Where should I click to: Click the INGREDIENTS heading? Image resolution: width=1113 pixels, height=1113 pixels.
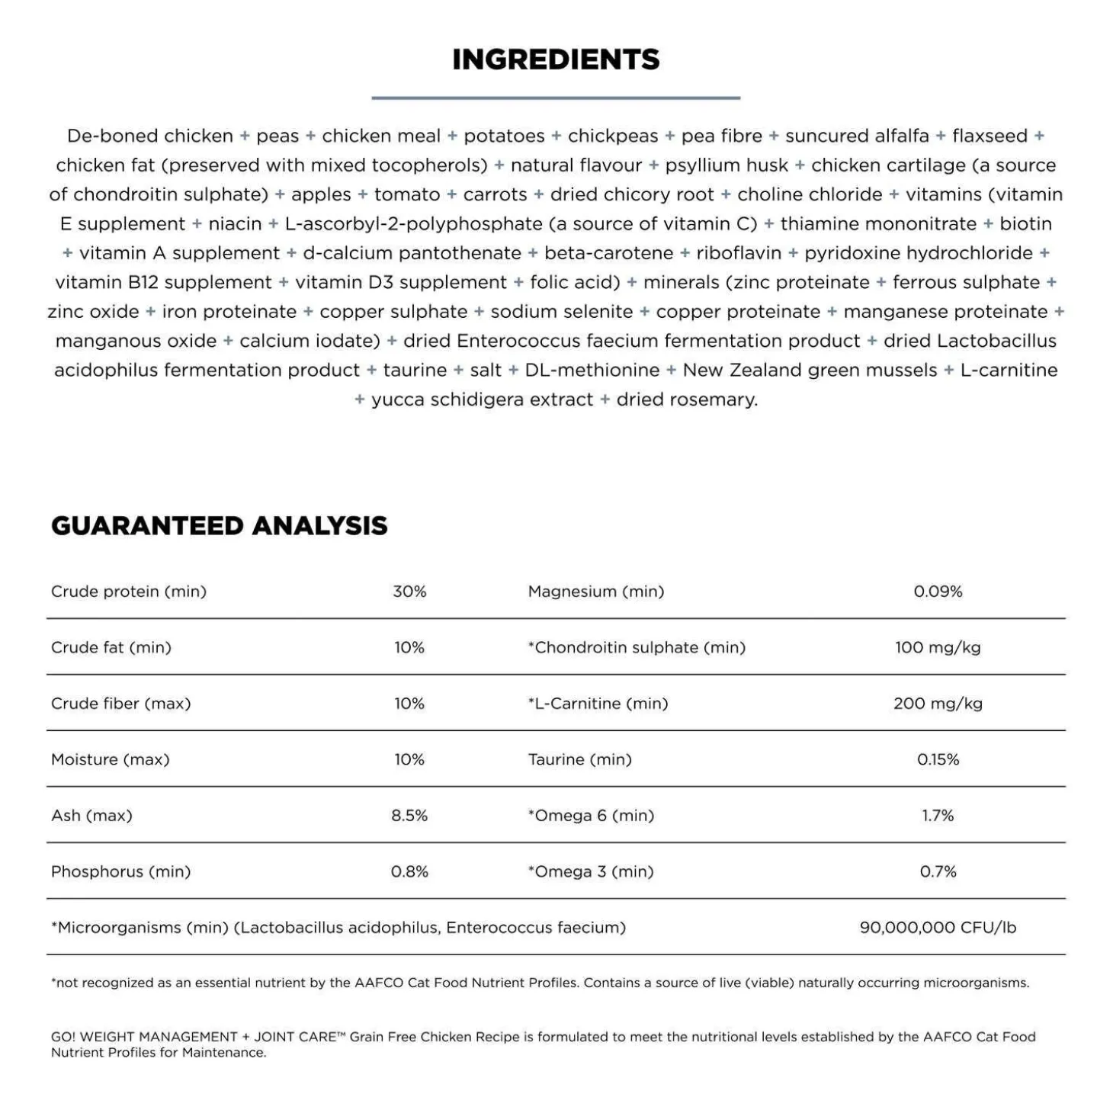(556, 59)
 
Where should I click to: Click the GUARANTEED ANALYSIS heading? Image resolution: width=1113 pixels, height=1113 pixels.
(220, 525)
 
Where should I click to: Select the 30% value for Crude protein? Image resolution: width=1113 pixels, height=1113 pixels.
(409, 592)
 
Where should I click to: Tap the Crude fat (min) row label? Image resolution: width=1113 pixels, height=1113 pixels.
(111, 647)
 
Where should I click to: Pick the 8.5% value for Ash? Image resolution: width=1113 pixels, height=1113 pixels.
(409, 816)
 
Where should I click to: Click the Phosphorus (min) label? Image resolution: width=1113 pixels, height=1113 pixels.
(120, 871)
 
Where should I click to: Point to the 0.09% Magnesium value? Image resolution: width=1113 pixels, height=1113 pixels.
(938, 592)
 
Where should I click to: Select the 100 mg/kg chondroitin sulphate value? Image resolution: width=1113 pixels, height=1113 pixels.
(938, 647)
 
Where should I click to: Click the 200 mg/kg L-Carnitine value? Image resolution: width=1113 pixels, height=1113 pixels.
(938, 704)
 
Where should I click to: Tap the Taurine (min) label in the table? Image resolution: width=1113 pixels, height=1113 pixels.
(580, 759)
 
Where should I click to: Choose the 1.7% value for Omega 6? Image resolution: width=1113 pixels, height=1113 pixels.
(938, 816)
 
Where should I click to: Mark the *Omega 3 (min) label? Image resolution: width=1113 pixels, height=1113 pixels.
(591, 871)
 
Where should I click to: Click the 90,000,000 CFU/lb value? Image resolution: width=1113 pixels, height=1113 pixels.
(938, 928)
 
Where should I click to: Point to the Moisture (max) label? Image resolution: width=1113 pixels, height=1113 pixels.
(111, 759)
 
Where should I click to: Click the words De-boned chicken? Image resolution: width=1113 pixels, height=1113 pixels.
(150, 136)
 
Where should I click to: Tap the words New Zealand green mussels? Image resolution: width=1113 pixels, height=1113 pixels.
(810, 370)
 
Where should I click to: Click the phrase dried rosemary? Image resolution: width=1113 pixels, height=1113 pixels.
(687, 399)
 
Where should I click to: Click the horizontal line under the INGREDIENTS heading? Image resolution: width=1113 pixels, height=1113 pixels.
(556, 98)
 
